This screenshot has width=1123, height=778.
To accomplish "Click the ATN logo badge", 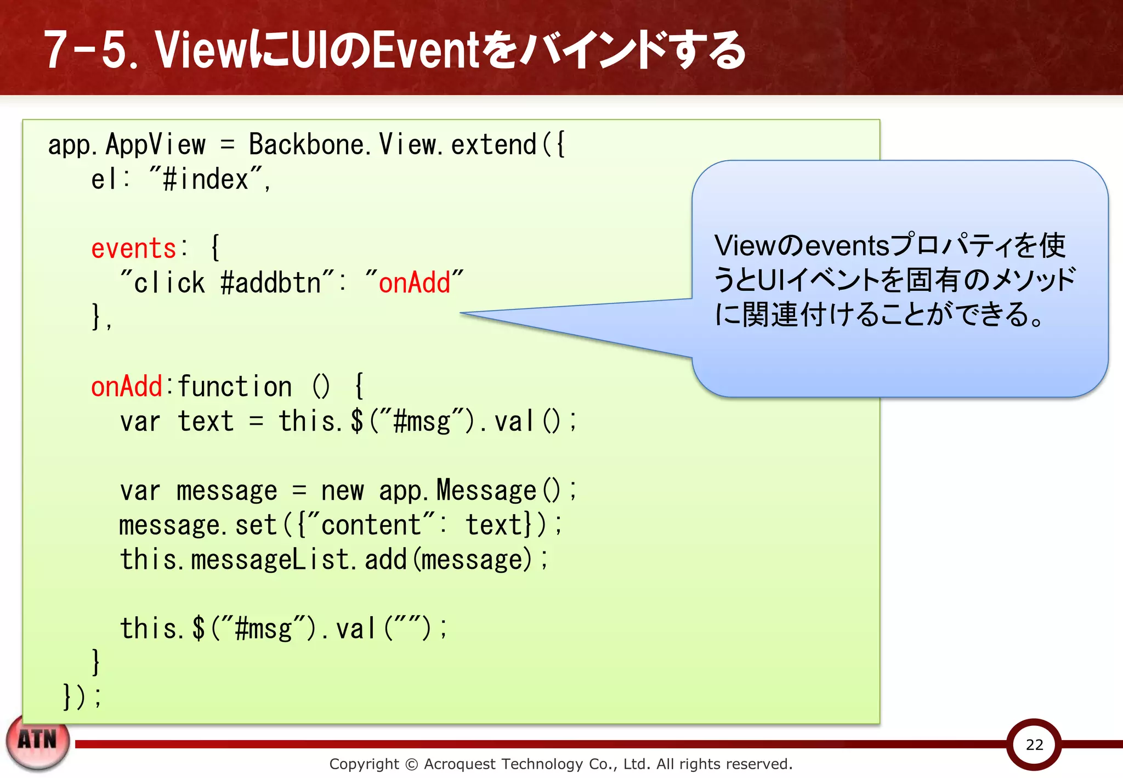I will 38,741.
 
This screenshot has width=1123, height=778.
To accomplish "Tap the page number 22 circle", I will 1034,745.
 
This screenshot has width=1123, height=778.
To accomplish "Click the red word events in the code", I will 133,249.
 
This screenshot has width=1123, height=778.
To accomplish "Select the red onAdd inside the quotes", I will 414,283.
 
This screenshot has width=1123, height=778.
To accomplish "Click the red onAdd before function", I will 127,387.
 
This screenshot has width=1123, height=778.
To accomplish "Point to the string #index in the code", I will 206,179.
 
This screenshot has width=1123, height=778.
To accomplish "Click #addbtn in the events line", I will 270,283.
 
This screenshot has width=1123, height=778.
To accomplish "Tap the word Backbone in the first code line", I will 306,145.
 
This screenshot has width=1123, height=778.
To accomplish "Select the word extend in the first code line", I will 494,145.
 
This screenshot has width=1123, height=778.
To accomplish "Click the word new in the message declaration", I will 342,491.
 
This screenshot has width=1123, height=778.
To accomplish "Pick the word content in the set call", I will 371,525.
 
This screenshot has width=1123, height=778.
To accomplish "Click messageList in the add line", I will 270,560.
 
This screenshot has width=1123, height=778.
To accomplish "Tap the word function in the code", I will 235,387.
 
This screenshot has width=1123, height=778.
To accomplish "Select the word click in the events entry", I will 169,283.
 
